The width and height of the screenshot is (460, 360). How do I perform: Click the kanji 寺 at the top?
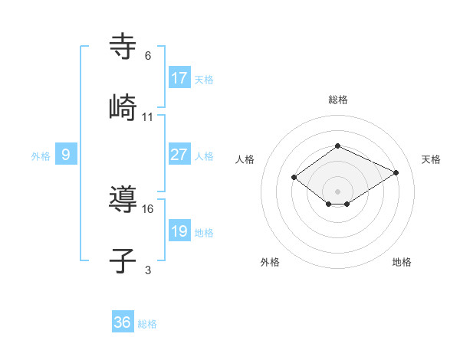click(x=123, y=47)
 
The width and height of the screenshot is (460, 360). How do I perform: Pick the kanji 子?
click(x=123, y=261)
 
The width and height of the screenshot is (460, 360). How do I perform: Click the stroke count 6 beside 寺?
click(x=148, y=56)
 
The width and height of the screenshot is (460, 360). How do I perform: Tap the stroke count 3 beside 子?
click(x=148, y=270)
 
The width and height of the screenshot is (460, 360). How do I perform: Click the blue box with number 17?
click(x=179, y=77)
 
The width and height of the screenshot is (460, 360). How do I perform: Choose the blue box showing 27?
click(x=179, y=155)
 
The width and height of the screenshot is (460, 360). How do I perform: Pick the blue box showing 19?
click(x=179, y=231)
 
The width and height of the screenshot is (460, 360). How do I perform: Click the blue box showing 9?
click(x=66, y=155)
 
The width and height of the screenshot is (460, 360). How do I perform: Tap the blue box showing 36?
click(x=123, y=322)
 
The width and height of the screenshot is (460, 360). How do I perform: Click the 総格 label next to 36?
click(x=147, y=324)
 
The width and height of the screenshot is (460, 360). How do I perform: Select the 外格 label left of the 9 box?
click(x=41, y=156)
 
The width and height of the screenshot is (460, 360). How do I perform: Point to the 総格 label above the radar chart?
click(x=337, y=100)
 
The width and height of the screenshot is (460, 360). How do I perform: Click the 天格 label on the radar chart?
click(x=431, y=159)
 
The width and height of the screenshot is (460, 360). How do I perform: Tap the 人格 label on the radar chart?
click(x=245, y=159)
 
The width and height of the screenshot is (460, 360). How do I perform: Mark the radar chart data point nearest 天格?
click(x=396, y=172)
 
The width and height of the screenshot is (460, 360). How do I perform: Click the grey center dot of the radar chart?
click(x=337, y=191)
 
